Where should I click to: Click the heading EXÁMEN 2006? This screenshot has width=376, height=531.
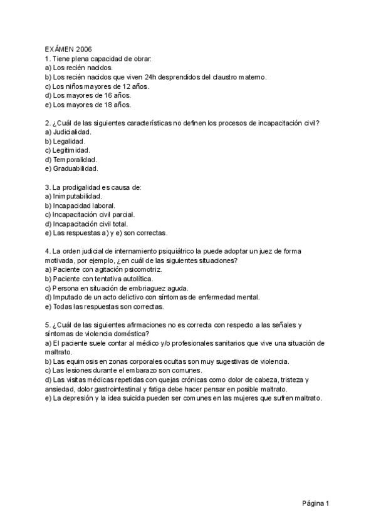(x=68, y=49)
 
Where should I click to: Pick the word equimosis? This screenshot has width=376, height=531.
(x=81, y=361)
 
